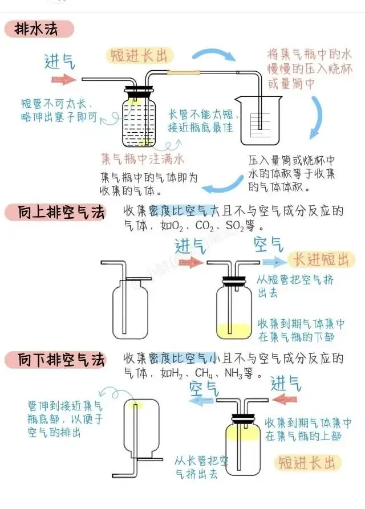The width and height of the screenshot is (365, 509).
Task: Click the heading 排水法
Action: click(39, 28)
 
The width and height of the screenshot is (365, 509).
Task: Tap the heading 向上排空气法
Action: click(55, 213)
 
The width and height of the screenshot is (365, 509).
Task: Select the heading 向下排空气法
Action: click(55, 360)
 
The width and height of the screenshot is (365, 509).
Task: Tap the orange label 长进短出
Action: click(320, 260)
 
